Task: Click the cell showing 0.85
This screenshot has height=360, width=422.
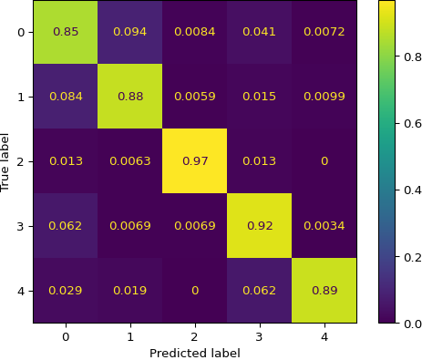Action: pyautogui.click(x=66, y=32)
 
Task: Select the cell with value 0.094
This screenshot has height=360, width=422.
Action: pyautogui.click(x=130, y=32)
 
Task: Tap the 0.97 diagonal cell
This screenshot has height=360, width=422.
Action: pyautogui.click(x=195, y=161)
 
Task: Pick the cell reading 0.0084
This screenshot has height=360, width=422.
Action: pyautogui.click(x=195, y=32)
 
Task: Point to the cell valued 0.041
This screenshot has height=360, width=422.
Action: pyautogui.click(x=260, y=32)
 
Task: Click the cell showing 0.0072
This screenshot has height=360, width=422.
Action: pyautogui.click(x=324, y=32)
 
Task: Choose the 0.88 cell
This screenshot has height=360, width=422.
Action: pyautogui.click(x=130, y=97)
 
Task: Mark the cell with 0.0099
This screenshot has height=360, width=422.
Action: pyautogui.click(x=324, y=97)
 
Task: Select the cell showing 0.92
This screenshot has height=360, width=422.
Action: pyautogui.click(x=260, y=226)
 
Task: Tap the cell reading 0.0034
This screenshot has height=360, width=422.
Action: pyautogui.click(x=324, y=226)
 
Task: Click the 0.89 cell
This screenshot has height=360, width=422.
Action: pyautogui.click(x=324, y=291)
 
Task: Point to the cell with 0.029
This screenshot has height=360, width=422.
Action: pyautogui.click(x=66, y=291)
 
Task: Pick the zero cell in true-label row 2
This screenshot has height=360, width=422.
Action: pyautogui.click(x=324, y=161)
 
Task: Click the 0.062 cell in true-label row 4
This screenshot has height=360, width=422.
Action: pyautogui.click(x=260, y=291)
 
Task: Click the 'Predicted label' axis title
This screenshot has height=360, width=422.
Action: pyautogui.click(x=195, y=353)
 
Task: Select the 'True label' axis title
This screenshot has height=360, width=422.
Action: pyautogui.click(x=7, y=161)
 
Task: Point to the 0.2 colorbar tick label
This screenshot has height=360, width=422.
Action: pyautogui.click(x=402, y=257)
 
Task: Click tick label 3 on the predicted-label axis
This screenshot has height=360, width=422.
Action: pyautogui.click(x=260, y=336)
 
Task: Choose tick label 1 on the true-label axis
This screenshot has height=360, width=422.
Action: pyautogui.click(x=20, y=97)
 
